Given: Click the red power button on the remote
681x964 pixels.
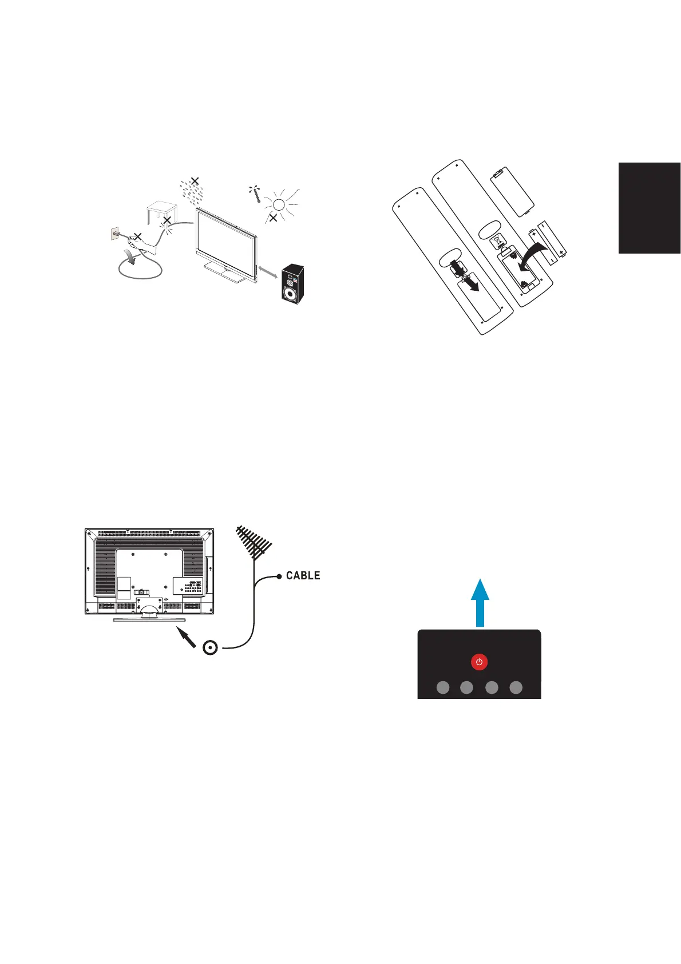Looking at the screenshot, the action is tap(479, 662).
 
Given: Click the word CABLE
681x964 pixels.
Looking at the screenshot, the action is tap(303, 575).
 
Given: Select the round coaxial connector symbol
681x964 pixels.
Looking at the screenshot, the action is tap(211, 647).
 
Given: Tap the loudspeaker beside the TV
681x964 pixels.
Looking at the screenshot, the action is tap(292, 284).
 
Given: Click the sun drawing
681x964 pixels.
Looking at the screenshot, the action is tap(279, 204).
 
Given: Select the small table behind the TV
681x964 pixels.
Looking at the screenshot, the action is tap(160, 211).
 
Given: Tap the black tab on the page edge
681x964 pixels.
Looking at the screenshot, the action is tap(649, 208).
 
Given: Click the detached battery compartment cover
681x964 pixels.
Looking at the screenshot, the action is tap(513, 191).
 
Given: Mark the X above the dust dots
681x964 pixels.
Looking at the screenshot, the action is tap(195, 181).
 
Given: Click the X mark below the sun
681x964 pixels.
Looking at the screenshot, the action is tap(274, 218).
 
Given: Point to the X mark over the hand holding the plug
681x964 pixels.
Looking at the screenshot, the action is tap(137, 236).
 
